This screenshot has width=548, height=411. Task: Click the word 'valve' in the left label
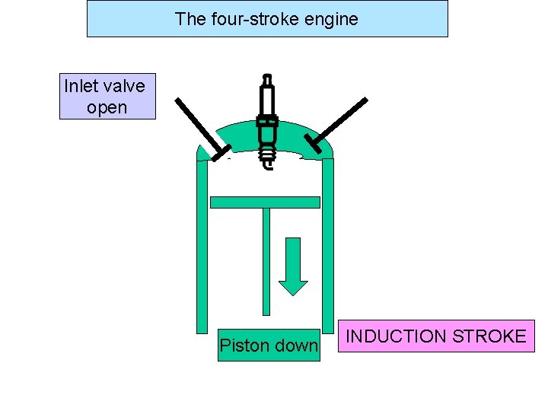[126, 86]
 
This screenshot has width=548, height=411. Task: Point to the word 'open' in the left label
[107, 108]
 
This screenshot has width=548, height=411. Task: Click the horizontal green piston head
[265, 202]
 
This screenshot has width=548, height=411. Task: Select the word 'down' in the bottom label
[295, 346]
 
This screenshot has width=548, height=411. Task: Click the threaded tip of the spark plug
[266, 158]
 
